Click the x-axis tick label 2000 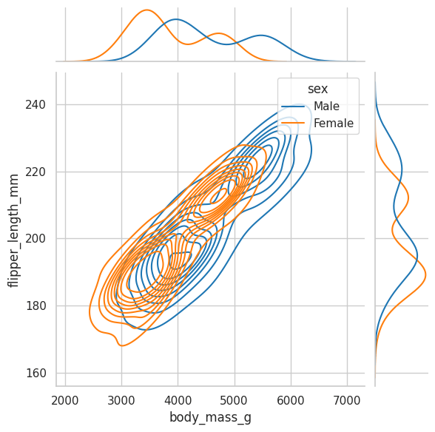click(65, 401)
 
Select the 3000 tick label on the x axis click(121, 401)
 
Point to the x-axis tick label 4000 click(178, 401)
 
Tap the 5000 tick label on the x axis click(235, 401)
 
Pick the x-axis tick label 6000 click(291, 401)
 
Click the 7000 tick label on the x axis click(347, 401)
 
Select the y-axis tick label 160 click(36, 373)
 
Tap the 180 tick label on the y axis click(36, 306)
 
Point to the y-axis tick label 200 click(36, 238)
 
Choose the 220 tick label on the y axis click(36, 172)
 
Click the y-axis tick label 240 click(36, 104)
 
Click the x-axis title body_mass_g click(210, 418)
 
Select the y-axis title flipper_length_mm click(13, 231)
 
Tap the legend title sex click(318, 89)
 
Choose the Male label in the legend click(326, 107)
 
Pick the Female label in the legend click(334, 124)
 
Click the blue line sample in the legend click(293, 107)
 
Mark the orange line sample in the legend click(293, 124)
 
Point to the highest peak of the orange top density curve click(146, 10)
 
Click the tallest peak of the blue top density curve click(176, 19)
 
